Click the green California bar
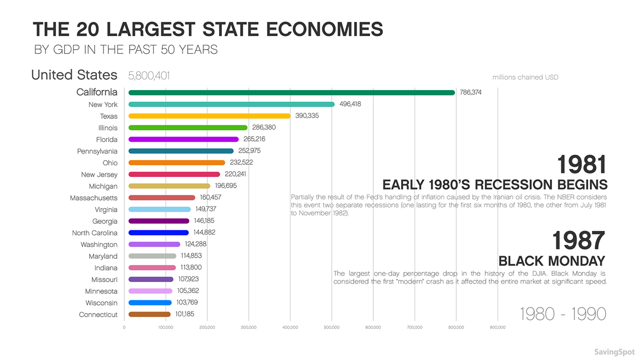tap(291, 93)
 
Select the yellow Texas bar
tap(209, 116)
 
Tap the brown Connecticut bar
tap(149, 315)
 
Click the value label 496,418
tap(350, 105)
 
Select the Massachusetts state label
tap(93, 198)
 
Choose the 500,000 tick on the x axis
tap(331, 327)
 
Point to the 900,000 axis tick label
tap(497, 327)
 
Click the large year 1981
tap(582, 165)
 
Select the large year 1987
tap(579, 241)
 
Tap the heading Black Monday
tap(553, 261)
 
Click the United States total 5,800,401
tap(149, 76)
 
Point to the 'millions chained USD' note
tap(525, 77)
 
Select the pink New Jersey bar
tap(174, 174)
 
